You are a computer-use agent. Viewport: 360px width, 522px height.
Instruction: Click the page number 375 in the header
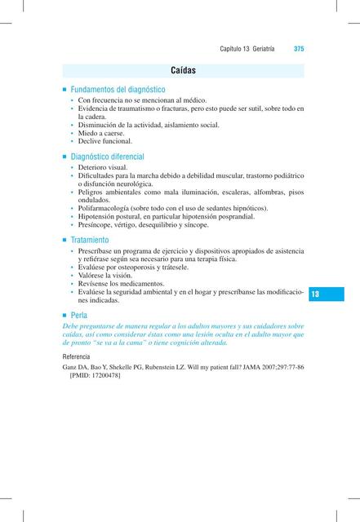click(x=299, y=49)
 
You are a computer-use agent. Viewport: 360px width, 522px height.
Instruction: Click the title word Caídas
click(x=183, y=71)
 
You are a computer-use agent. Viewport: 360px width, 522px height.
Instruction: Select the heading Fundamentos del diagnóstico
click(x=118, y=89)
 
